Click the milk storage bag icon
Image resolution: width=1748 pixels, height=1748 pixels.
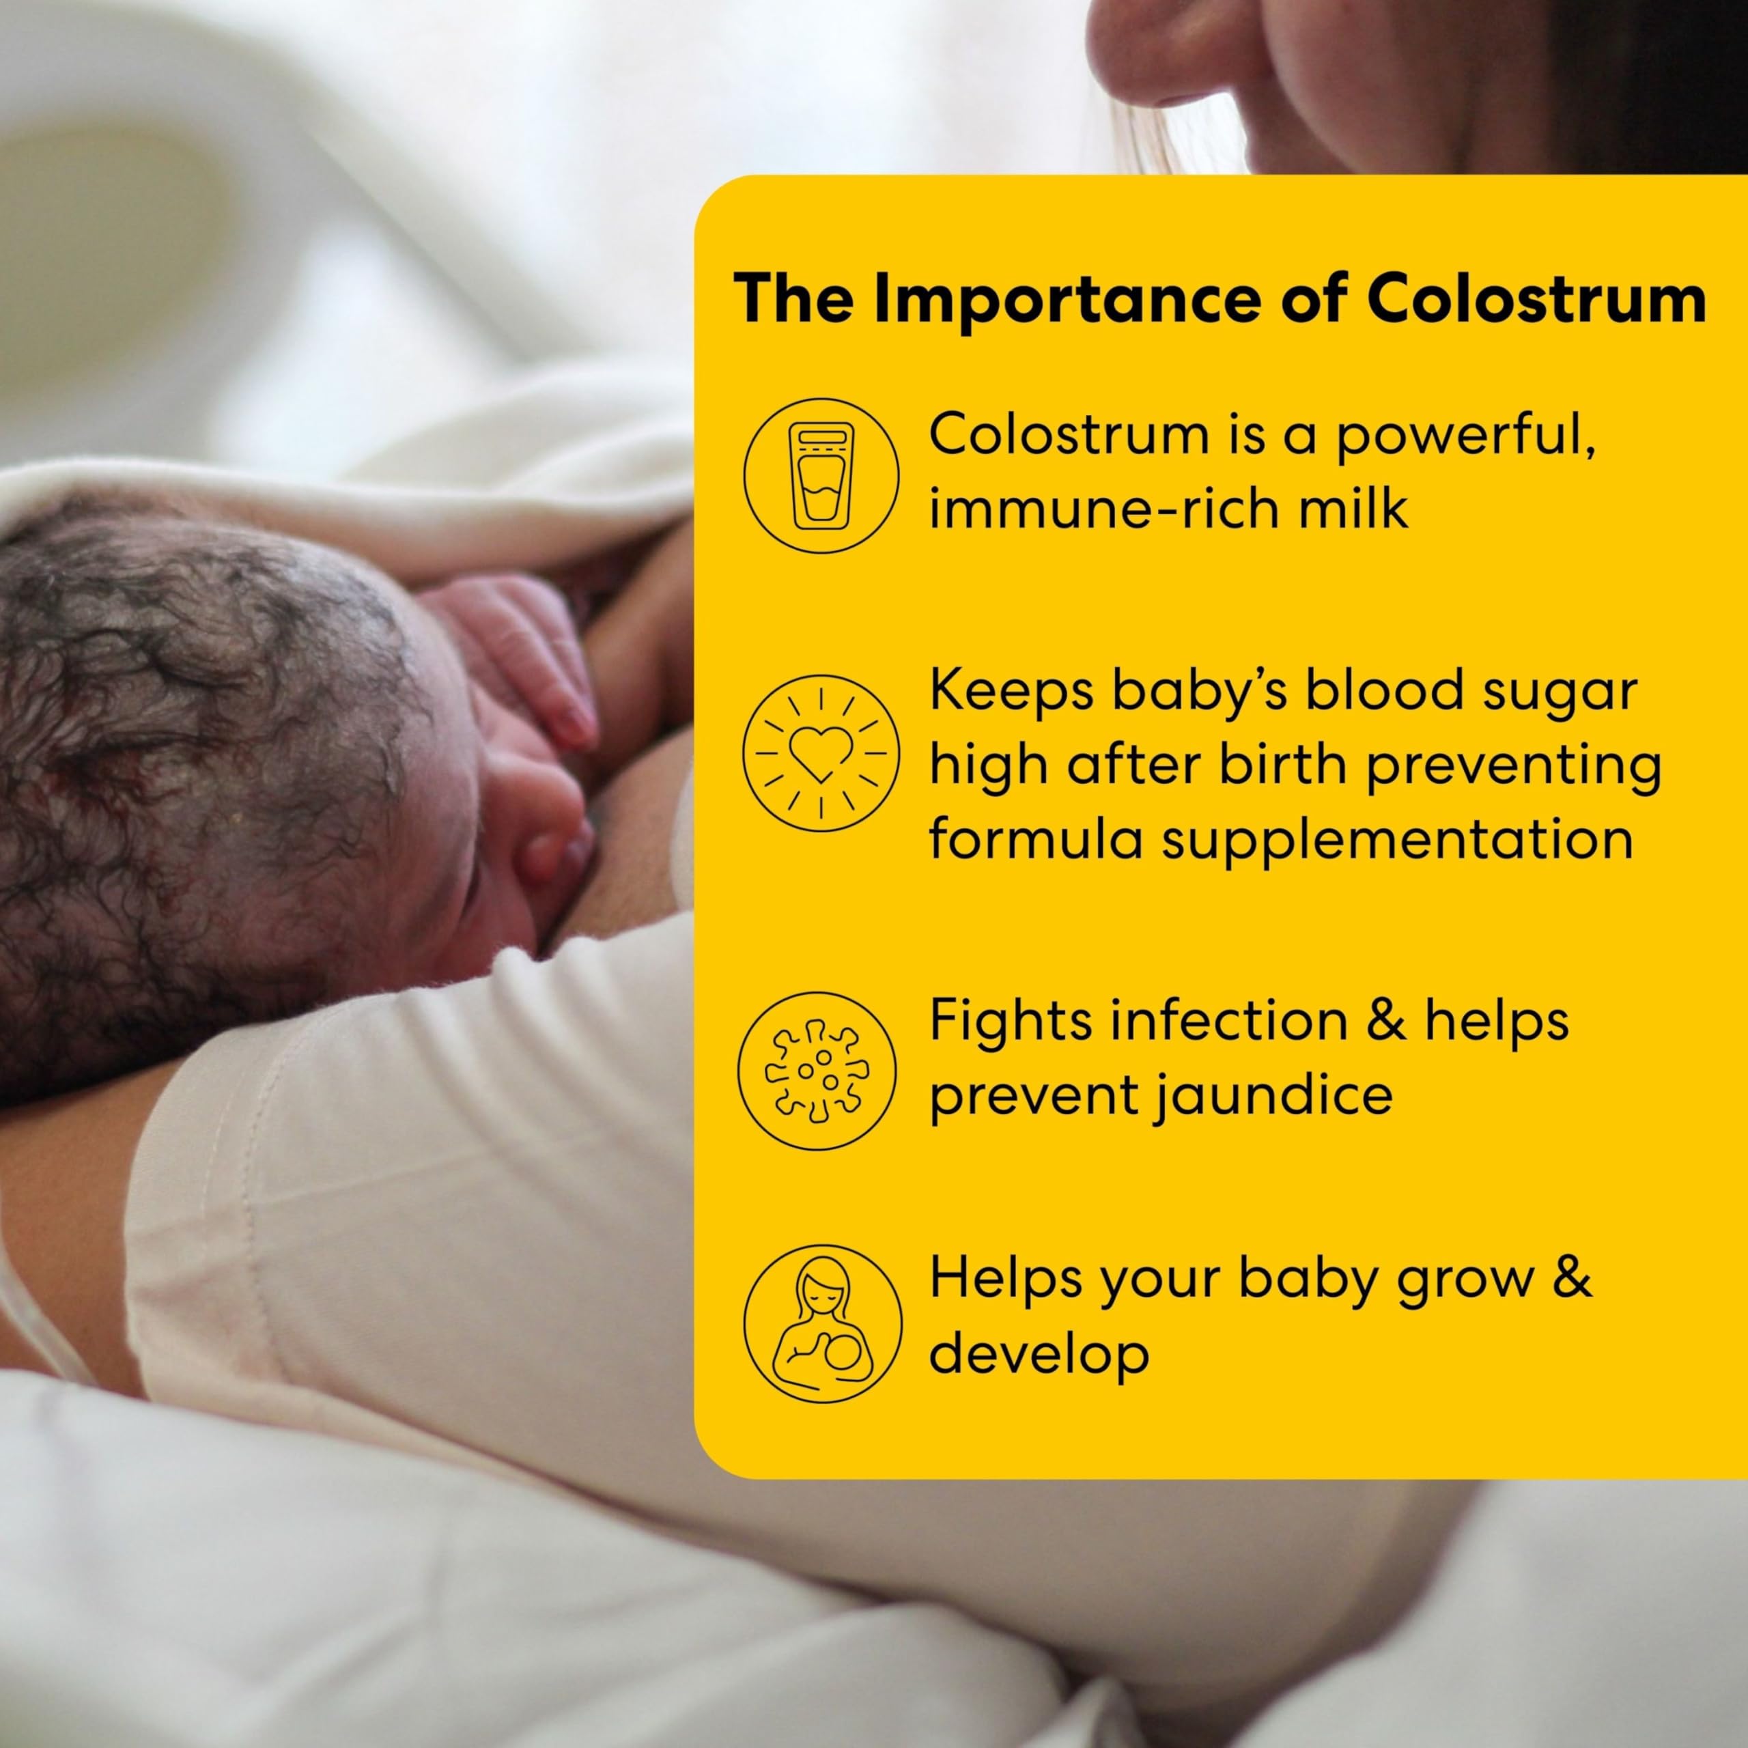point(821,476)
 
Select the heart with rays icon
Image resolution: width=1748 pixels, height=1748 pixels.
point(821,752)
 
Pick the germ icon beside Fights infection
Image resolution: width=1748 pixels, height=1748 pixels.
point(817,1071)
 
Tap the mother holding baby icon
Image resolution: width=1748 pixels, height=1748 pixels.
point(822,1324)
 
